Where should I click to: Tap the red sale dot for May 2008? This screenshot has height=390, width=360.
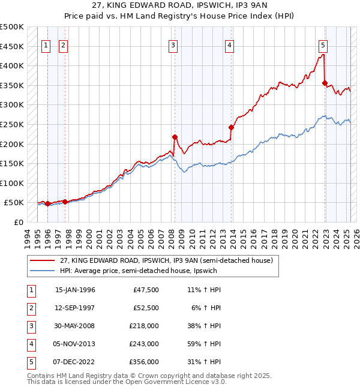click(175, 137)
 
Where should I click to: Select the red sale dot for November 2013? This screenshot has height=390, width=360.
click(230, 127)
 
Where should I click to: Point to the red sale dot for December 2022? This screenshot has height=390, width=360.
click(325, 83)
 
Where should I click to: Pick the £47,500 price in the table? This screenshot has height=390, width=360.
click(146, 290)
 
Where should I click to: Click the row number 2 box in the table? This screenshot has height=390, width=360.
click(31, 308)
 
